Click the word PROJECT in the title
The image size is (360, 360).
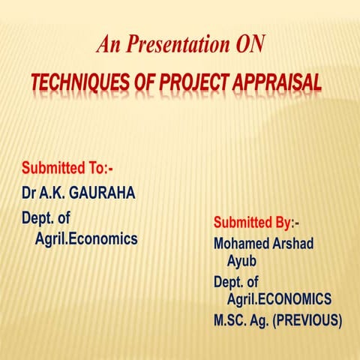point(196,82)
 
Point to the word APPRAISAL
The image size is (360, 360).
point(278,82)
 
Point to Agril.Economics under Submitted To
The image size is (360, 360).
point(87,239)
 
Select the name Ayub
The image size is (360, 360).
point(243,260)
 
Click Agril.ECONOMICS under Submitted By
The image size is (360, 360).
point(279,299)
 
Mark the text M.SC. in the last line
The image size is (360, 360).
point(232,320)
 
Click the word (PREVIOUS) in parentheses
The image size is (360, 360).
point(307,320)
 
